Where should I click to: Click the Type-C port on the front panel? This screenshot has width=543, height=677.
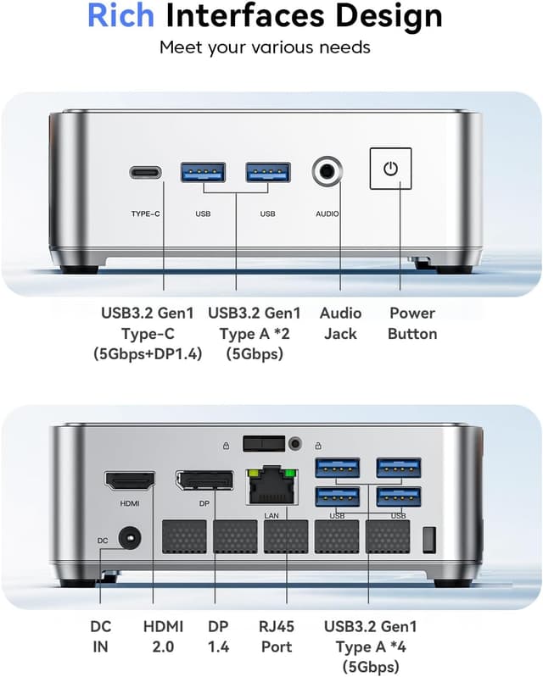click(x=145, y=173)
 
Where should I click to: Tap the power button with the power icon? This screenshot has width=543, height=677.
click(x=390, y=169)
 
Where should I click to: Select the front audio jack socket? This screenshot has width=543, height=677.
click(x=327, y=171)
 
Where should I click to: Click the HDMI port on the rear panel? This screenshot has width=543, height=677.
click(x=130, y=481)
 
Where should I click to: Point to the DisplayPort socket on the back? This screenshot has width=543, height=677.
click(x=204, y=480)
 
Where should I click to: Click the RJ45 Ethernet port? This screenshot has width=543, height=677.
click(x=272, y=486)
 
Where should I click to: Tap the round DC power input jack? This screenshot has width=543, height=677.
click(x=129, y=537)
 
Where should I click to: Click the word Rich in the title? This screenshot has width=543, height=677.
click(x=120, y=15)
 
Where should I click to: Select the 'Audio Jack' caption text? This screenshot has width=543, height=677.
click(x=341, y=324)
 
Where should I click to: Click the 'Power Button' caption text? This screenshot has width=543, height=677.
click(x=412, y=324)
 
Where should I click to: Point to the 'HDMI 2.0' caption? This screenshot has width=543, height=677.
click(x=164, y=636)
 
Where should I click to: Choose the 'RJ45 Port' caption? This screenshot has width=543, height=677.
click(x=277, y=636)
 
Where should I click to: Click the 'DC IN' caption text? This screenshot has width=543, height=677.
click(x=101, y=636)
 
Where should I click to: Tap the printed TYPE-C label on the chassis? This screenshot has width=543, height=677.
click(x=146, y=214)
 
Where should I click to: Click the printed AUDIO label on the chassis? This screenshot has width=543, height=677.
click(x=327, y=214)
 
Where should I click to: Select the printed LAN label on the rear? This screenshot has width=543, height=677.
click(x=271, y=515)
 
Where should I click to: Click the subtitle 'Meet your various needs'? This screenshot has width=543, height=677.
click(x=265, y=47)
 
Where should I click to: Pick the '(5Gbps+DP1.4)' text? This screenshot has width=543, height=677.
click(x=148, y=354)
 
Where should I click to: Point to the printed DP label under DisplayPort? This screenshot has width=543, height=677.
click(x=204, y=503)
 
